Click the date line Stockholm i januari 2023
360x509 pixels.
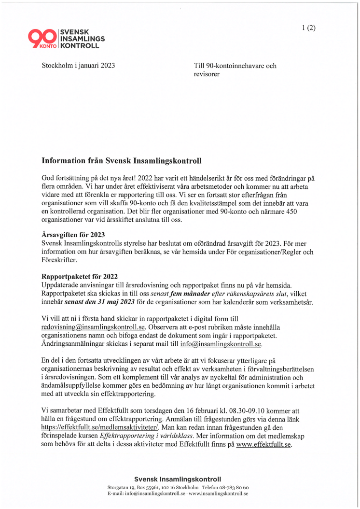click(x=78, y=66)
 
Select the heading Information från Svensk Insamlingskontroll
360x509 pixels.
click(x=121, y=161)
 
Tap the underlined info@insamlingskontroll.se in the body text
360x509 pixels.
click(x=221, y=344)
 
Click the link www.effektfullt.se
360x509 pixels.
click(x=263, y=444)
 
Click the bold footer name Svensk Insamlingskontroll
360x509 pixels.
click(x=178, y=479)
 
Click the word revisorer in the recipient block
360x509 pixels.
click(x=207, y=74)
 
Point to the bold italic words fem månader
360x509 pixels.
click(x=183, y=294)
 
